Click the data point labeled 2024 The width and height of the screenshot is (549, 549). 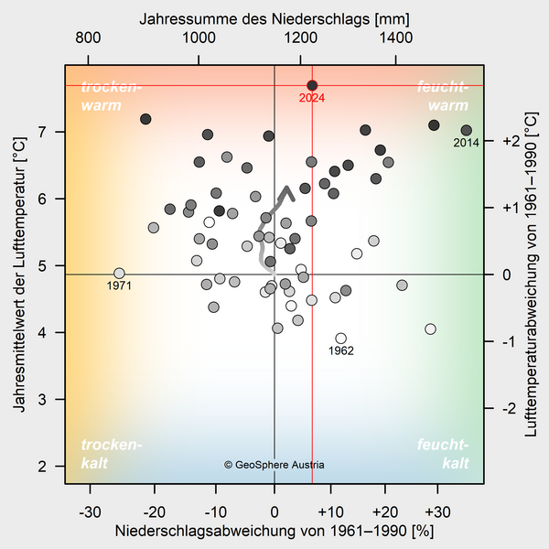312,85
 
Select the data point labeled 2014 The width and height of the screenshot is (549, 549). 467,131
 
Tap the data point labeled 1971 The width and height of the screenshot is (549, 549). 119,274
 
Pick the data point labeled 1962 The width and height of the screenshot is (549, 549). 341,339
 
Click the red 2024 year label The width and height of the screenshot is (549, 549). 312,99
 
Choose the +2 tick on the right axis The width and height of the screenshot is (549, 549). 511,141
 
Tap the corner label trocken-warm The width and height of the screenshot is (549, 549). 112,95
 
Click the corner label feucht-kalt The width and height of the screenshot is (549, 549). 443,455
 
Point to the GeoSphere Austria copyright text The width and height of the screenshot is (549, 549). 274,465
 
